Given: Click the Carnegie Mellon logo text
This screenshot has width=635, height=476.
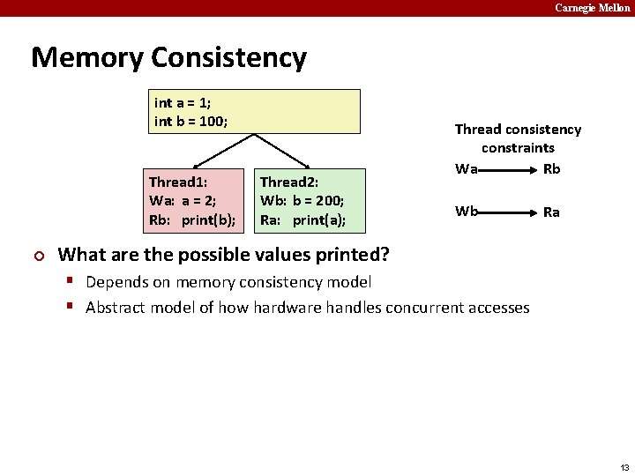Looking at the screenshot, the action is pyautogui.click(x=592, y=8).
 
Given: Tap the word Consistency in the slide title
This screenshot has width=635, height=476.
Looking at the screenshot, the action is pyautogui.click(x=228, y=57).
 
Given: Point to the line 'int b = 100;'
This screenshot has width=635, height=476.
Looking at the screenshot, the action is pyautogui.click(x=190, y=121).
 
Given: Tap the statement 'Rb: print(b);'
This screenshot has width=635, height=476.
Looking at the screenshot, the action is pyautogui.click(x=192, y=219).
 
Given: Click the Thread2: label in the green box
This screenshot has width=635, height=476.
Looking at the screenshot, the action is pyautogui.click(x=288, y=182).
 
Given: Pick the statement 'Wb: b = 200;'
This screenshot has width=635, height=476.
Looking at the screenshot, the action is pyautogui.click(x=302, y=201).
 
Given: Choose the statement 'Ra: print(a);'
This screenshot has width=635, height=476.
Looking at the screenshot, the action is pyautogui.click(x=303, y=219).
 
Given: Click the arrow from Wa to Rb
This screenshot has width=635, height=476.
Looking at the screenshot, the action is pyautogui.click(x=509, y=169).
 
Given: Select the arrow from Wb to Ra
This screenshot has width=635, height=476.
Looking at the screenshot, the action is pyautogui.click(x=509, y=212).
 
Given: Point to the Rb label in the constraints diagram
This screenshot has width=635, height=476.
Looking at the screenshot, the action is pyautogui.click(x=551, y=168).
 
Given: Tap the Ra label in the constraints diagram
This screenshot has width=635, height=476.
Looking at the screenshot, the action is pyautogui.click(x=551, y=212).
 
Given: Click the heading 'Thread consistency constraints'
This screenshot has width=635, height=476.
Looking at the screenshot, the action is pyautogui.click(x=518, y=138).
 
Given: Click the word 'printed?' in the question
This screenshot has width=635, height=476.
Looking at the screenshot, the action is pyautogui.click(x=357, y=255).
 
